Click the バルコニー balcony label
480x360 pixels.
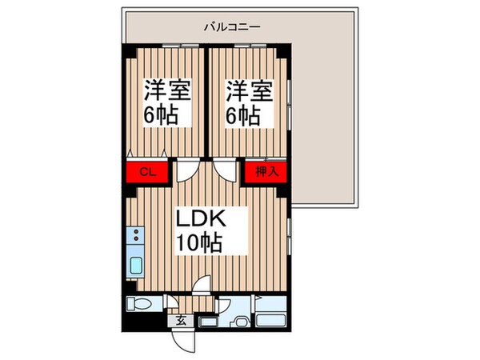point(231,26)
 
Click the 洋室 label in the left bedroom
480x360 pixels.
point(168,90)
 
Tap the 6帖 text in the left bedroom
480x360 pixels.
point(162,115)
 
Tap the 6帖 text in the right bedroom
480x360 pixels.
point(242,115)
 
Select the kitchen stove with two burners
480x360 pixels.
point(135,237)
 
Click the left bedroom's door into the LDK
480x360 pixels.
point(186,170)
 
